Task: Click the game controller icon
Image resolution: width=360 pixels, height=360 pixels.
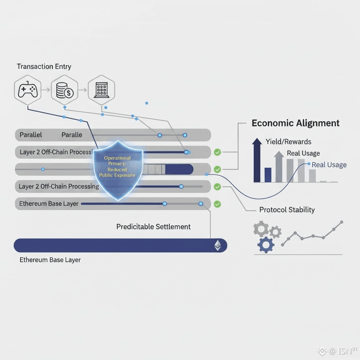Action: [28, 90]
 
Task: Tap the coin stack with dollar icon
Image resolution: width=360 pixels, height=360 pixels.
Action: [64, 90]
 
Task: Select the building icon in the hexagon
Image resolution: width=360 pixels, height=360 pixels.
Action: [101, 90]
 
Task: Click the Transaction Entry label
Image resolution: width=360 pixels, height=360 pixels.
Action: [44, 66]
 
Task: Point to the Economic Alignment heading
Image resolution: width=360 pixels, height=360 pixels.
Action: [296, 123]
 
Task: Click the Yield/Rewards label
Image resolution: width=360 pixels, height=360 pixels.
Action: [288, 142]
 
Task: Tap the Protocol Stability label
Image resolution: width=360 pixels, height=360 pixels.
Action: [287, 210]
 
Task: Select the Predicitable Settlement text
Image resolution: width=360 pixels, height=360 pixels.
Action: [153, 227]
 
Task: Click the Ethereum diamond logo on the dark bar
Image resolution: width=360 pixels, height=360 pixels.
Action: [218, 246]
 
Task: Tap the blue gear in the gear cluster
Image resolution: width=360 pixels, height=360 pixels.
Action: [266, 244]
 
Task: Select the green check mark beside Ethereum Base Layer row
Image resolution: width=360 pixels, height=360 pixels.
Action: [217, 204]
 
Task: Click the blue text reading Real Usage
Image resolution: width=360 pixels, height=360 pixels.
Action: [329, 165]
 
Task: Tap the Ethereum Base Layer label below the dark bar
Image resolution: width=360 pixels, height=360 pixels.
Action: [50, 260]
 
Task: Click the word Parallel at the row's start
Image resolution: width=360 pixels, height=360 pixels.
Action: [31, 135]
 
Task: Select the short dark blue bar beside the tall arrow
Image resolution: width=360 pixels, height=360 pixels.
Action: [268, 175]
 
